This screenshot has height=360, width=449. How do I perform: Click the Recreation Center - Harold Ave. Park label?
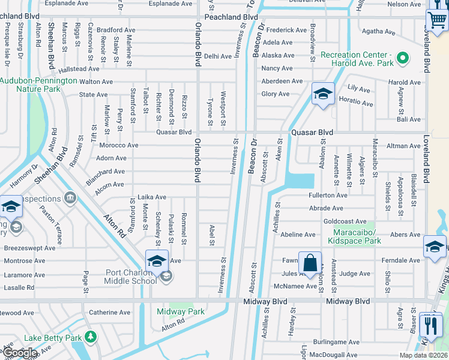[357, 59]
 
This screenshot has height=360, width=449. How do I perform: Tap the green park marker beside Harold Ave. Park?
[403, 59]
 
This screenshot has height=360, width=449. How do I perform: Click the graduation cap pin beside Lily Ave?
[322, 94]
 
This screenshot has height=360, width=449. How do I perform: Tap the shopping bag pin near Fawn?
[310, 263]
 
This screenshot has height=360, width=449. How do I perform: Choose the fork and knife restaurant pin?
[430, 325]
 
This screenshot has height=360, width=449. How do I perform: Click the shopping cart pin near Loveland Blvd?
[436, 19]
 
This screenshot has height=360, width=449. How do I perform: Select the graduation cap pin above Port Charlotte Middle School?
[156, 261]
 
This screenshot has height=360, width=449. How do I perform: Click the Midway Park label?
[180, 311]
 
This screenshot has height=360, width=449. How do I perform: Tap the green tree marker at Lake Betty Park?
[90, 337]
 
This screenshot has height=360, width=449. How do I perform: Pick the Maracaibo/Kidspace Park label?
[354, 236]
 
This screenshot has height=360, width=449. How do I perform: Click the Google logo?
[20, 353]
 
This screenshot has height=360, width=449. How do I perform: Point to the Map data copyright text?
[423, 355]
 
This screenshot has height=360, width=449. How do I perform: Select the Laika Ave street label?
[152, 197]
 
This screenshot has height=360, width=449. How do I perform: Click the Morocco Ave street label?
[118, 145]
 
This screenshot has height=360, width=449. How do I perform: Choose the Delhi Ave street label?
[217, 56]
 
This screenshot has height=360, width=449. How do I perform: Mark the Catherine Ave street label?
[109, 312]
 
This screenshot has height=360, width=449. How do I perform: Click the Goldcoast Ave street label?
[345, 221]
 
